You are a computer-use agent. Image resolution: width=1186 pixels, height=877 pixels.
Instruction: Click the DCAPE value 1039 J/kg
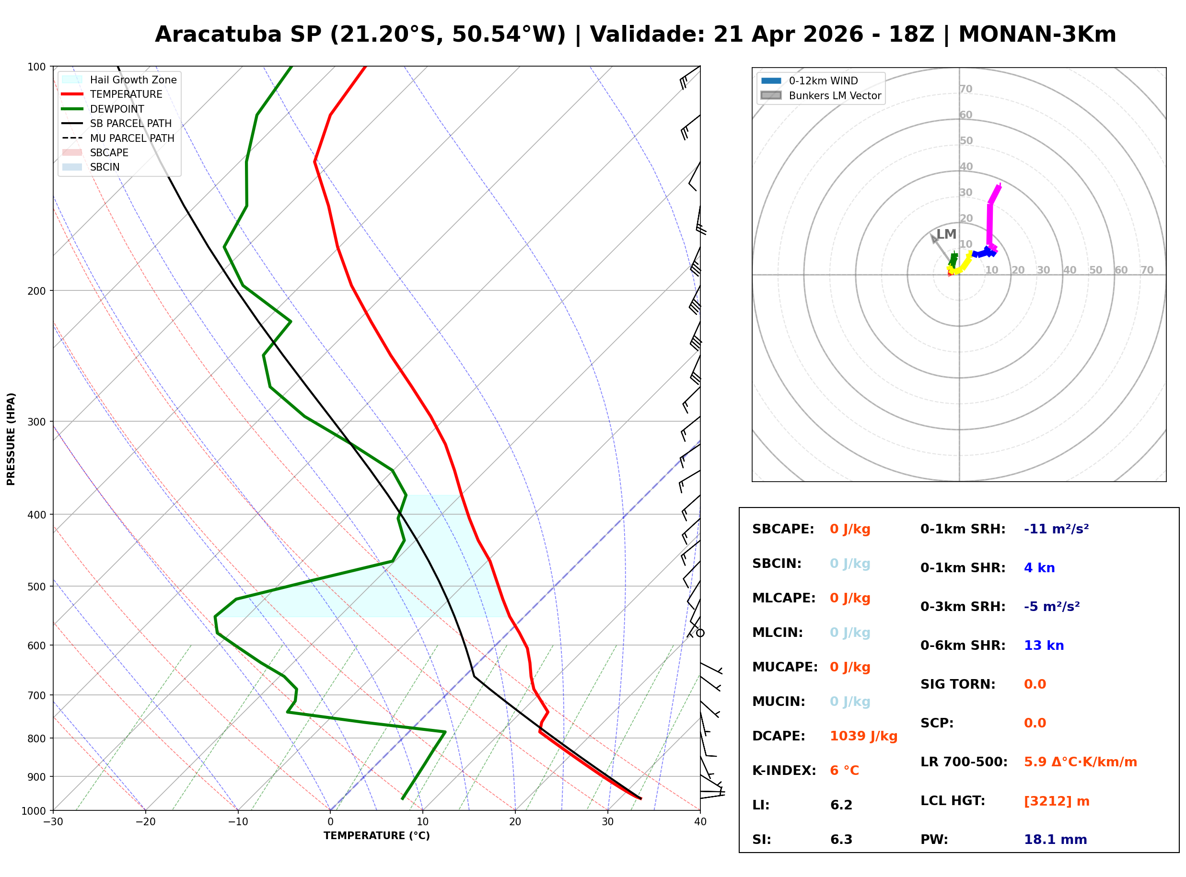863,736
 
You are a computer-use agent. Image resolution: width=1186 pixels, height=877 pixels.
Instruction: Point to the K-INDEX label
784,770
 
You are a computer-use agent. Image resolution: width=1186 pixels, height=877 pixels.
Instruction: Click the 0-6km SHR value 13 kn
1043,645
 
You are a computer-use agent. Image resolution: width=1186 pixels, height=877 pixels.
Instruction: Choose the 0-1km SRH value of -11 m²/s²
1056,529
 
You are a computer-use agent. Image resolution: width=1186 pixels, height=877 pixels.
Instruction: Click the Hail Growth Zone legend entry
133,80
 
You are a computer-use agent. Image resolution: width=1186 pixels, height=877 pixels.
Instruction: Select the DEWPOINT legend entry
117,109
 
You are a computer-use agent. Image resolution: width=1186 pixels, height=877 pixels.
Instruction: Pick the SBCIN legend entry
105,167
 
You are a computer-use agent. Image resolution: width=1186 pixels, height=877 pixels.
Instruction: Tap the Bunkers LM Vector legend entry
835,95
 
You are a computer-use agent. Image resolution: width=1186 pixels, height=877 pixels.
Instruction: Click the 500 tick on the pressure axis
36,586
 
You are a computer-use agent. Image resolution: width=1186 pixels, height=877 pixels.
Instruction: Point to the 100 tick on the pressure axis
36,66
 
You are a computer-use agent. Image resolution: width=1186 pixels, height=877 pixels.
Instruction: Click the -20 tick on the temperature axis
145,822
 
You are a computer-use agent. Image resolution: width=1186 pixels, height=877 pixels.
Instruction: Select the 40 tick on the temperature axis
700,822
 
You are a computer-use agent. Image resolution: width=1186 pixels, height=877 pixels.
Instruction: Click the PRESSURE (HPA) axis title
11,438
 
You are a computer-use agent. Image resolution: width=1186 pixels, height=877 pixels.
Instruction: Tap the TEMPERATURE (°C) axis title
376,836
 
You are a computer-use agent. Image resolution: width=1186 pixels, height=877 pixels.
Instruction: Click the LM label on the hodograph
946,234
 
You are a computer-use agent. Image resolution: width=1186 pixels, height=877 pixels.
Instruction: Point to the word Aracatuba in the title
218,35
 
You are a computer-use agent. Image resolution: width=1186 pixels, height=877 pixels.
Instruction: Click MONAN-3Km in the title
1037,35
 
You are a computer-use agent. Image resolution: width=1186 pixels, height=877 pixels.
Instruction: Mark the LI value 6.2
841,805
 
